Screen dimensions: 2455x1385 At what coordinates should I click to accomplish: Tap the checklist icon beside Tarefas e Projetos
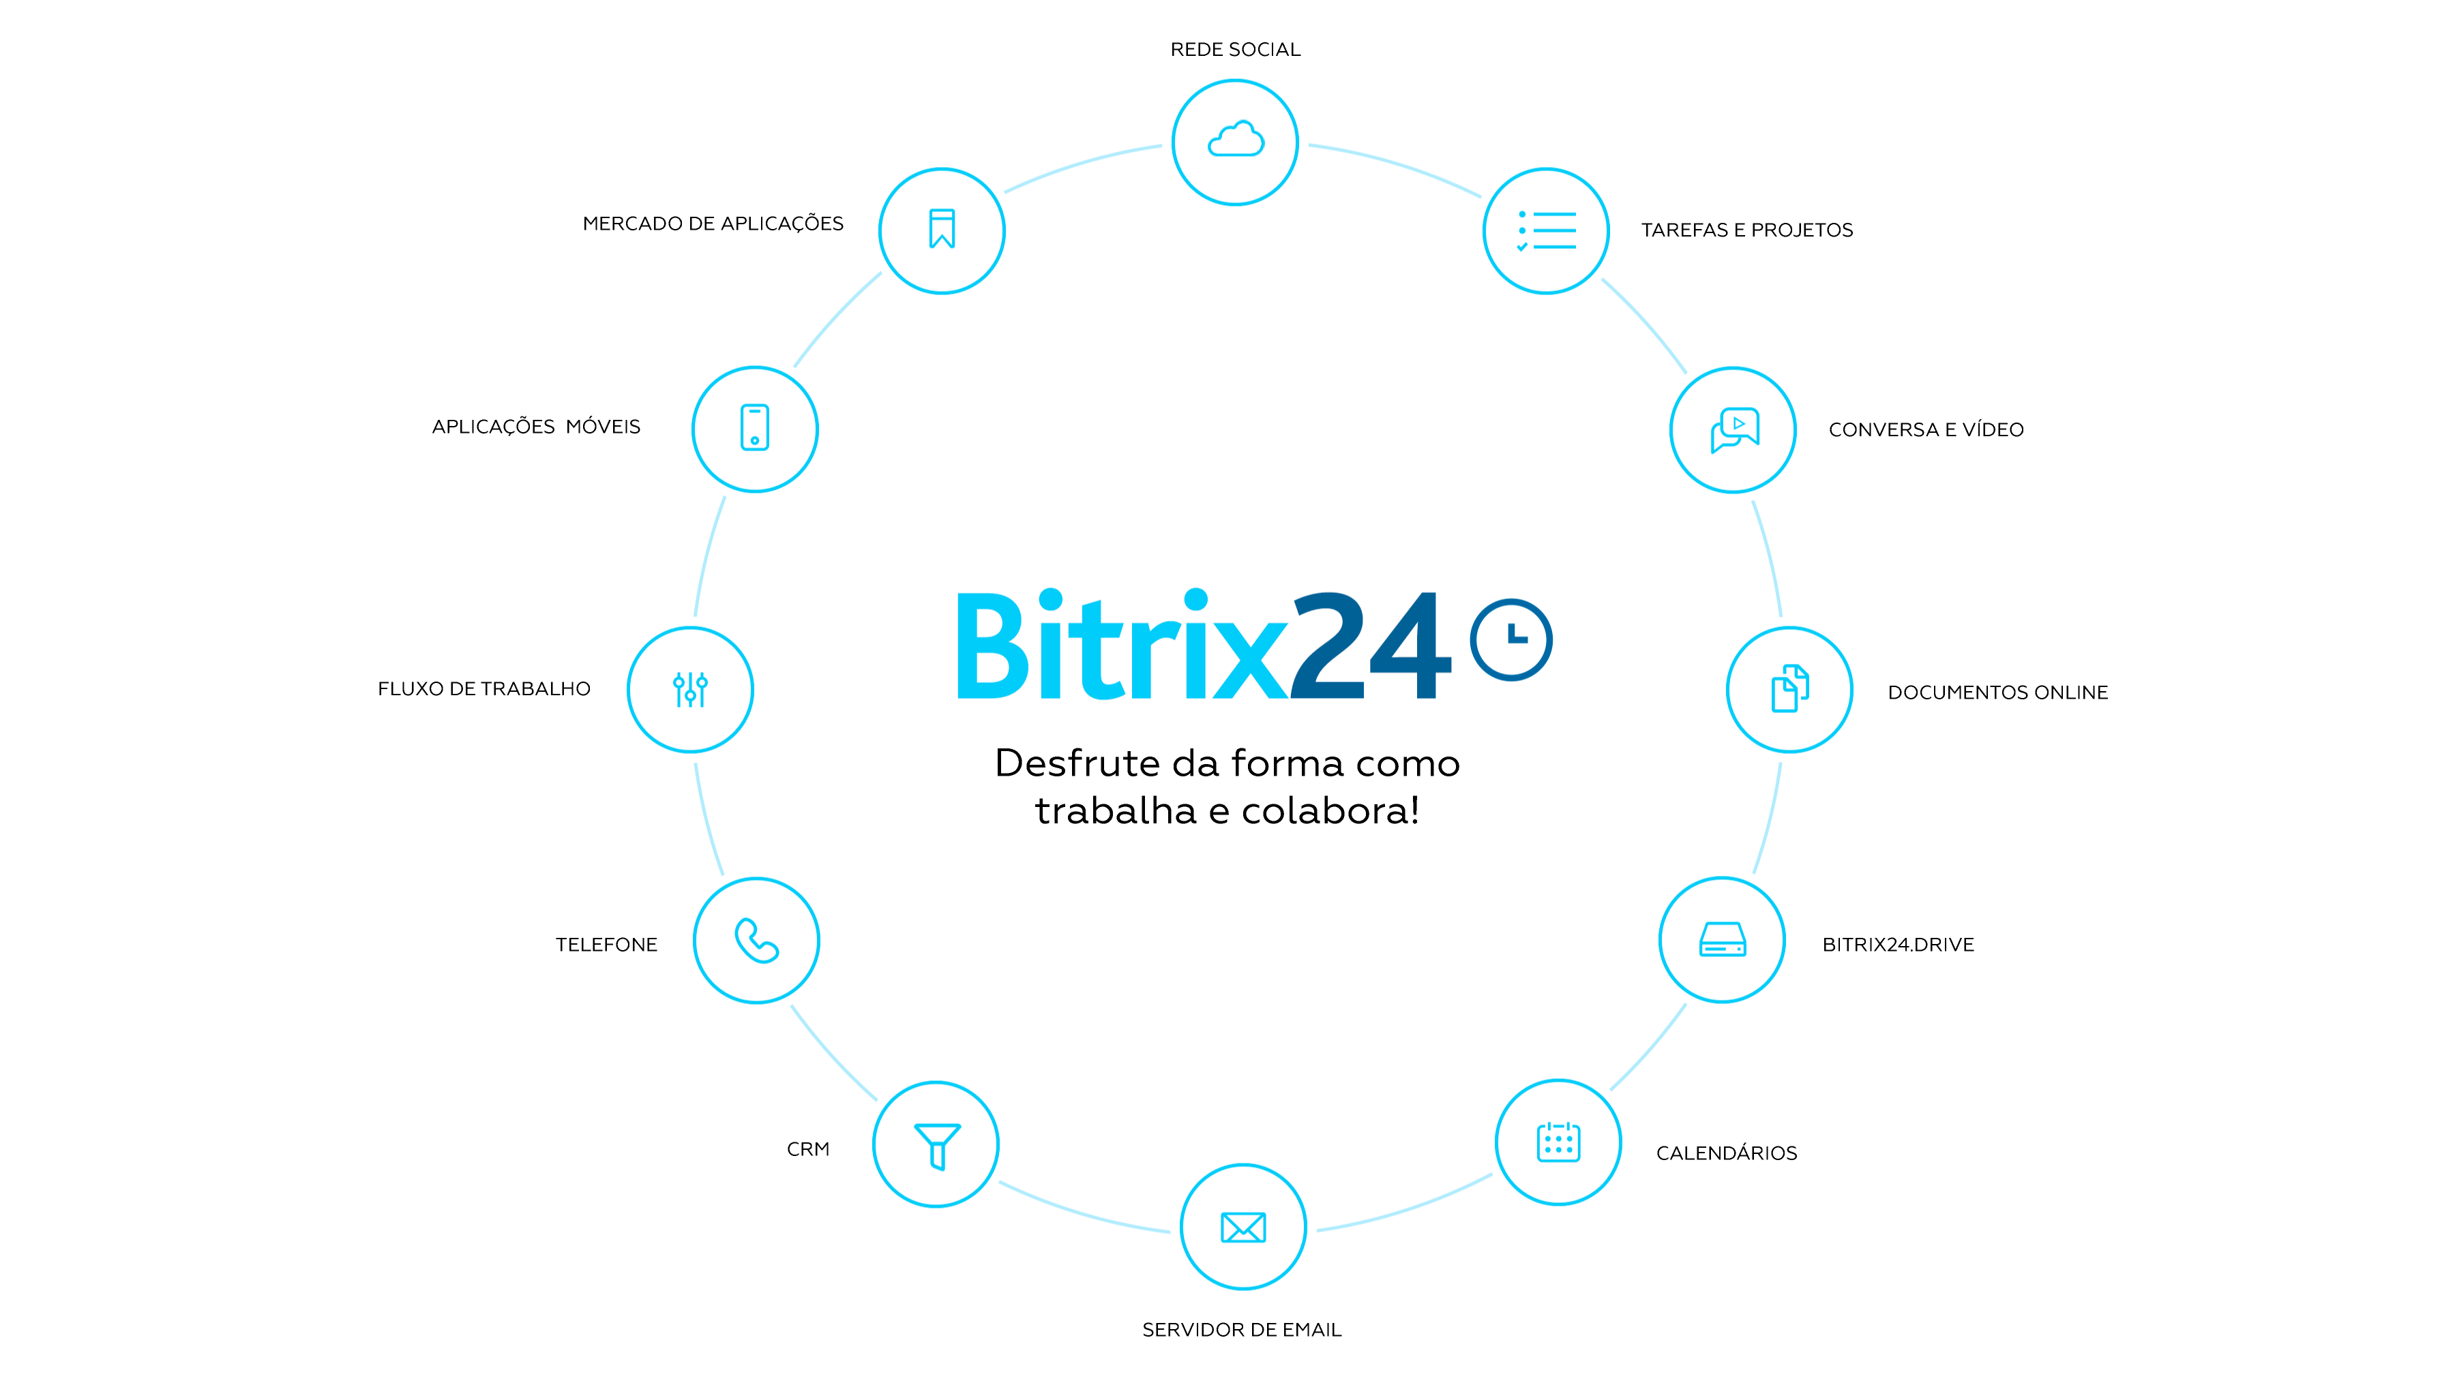(1546, 230)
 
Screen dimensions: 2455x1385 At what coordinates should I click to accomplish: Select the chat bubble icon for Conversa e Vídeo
(1734, 429)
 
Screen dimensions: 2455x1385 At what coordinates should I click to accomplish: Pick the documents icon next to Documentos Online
(1790, 688)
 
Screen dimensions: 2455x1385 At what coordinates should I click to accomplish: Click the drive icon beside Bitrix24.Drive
(1722, 939)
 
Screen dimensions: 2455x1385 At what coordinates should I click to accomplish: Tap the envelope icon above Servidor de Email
(1243, 1227)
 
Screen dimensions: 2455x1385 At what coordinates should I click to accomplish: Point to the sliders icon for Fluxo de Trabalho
(690, 688)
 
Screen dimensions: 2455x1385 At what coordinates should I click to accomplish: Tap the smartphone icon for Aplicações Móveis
(755, 427)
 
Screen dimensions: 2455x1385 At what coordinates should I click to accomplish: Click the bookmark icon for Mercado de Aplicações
(942, 228)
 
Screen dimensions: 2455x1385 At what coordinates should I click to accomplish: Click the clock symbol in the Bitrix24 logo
(1511, 639)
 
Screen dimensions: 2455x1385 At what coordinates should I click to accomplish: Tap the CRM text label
(808, 1148)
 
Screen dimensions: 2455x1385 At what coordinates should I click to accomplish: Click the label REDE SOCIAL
(1235, 50)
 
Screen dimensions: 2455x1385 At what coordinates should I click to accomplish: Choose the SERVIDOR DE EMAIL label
(1242, 1330)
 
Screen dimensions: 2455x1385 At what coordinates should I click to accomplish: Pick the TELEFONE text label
(606, 945)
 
